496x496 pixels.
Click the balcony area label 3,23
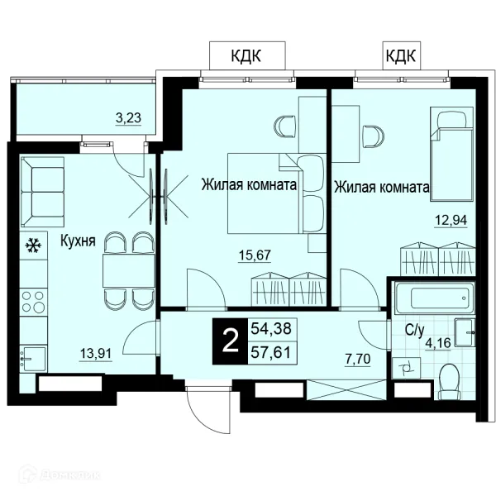128,118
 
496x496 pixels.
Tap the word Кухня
78,241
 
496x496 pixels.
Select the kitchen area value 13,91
96,353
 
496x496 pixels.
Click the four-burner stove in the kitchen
34,302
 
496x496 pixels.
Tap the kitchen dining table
129,270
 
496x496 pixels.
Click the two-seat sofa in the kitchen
42,193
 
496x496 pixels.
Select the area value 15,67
255,255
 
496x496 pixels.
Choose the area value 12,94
451,220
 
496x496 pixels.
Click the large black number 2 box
231,341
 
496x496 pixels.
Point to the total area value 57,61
271,352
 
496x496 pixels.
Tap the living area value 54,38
271,329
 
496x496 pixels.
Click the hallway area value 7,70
357,360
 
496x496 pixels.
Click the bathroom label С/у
414,331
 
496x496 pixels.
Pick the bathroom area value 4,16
438,342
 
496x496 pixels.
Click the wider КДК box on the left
247,55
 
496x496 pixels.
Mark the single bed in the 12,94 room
451,154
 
